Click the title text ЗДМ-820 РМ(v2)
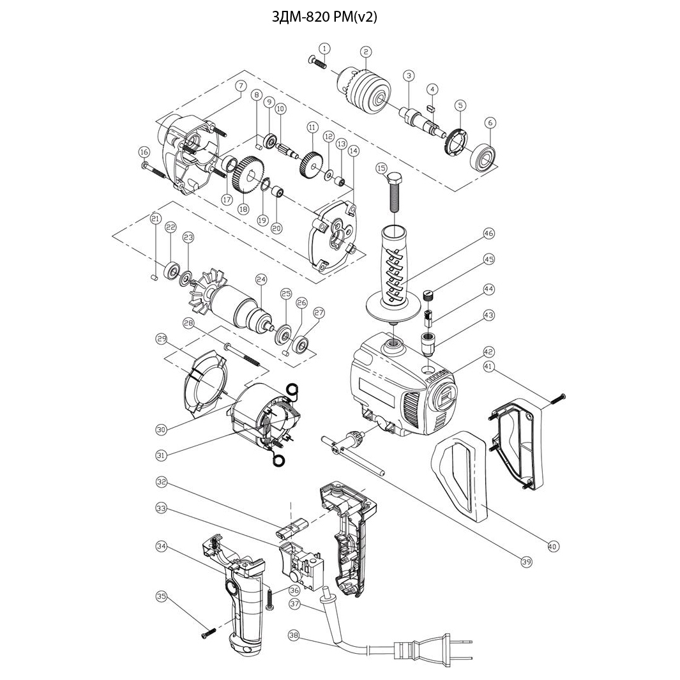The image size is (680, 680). tap(324, 17)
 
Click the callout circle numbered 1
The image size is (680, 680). tap(324, 49)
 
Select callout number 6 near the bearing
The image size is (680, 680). tap(490, 123)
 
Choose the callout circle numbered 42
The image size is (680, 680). tap(488, 351)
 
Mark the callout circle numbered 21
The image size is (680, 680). tap(155, 218)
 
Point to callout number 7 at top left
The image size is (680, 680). tap(241, 86)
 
